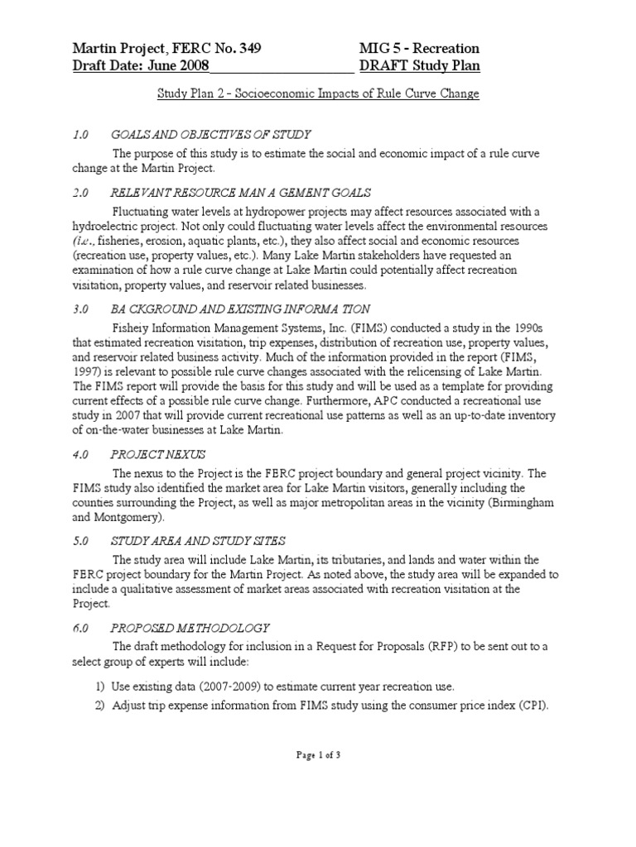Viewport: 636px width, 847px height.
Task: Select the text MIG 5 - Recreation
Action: point(419,49)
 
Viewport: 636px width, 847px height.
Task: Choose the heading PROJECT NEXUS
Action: point(159,455)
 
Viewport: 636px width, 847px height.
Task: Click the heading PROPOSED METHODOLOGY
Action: point(190,629)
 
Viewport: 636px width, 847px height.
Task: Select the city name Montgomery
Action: point(131,518)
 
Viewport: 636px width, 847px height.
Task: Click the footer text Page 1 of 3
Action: point(317,823)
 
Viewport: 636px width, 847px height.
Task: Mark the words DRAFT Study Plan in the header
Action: point(419,66)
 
